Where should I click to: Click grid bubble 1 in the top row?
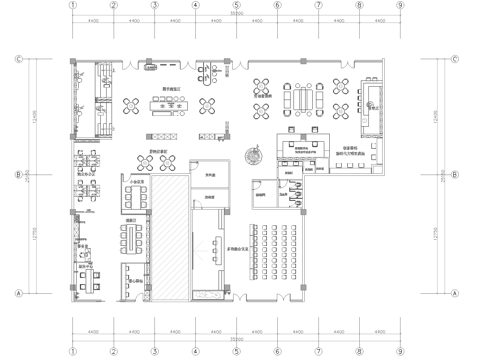click(72, 5)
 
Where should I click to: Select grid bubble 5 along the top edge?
click(236, 5)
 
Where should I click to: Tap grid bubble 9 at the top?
click(400, 5)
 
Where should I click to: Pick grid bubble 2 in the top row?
click(113, 5)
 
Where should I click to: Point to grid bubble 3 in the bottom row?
click(154, 352)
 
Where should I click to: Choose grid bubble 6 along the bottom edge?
click(277, 352)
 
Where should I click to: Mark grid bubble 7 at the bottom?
click(318, 352)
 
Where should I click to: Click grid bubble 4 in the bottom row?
click(195, 352)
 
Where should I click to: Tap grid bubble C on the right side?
click(456, 58)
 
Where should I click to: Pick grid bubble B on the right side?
click(456, 174)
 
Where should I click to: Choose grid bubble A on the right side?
click(456, 293)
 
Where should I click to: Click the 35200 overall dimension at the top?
click(236, 14)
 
